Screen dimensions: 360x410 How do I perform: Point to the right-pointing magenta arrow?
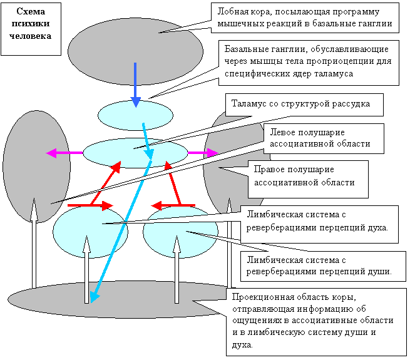[x=203, y=153]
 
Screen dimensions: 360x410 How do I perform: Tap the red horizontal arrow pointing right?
[x=91, y=205]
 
